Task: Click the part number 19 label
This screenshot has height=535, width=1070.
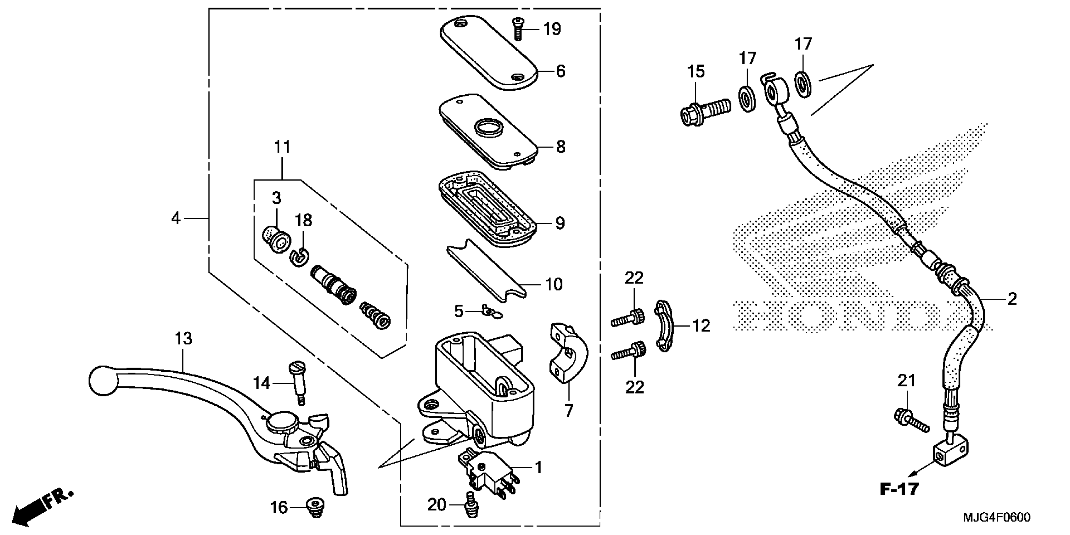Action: [552, 30]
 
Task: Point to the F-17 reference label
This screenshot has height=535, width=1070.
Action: [899, 489]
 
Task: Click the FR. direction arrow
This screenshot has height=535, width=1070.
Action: [42, 507]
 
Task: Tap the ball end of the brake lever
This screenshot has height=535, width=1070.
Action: [102, 380]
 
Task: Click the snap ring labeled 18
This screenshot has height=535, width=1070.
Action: [299, 257]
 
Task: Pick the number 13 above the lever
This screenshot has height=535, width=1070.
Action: [183, 339]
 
